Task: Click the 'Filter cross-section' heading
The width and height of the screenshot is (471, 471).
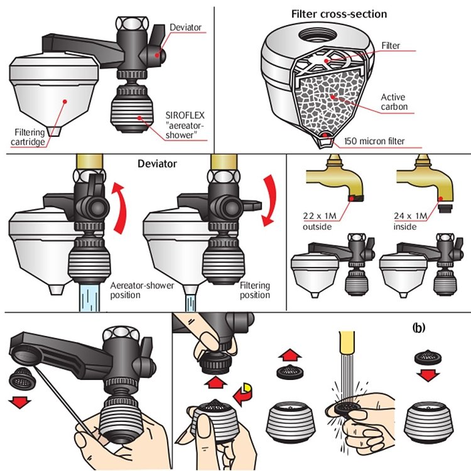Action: tap(339, 14)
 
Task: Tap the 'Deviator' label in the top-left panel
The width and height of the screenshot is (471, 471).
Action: tap(185, 28)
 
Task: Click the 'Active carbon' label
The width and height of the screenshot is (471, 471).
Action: tap(394, 102)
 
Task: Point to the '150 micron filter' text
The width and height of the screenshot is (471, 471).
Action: tap(374, 141)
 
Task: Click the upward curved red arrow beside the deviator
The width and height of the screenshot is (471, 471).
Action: tap(119, 208)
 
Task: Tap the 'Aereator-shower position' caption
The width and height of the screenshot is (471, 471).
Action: tap(142, 290)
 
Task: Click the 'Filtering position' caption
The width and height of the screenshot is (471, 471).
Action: tap(255, 290)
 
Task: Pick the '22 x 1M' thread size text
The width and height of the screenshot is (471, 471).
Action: tap(320, 215)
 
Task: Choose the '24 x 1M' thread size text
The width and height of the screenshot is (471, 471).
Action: tap(410, 215)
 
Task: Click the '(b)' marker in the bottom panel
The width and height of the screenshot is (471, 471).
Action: tap(419, 328)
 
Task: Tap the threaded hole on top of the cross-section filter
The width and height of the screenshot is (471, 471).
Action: tap(318, 35)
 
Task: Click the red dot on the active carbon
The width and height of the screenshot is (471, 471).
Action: tap(332, 97)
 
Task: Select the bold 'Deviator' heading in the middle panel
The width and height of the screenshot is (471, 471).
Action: tap(157, 164)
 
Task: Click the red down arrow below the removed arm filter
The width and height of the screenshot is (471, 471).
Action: tap(20, 402)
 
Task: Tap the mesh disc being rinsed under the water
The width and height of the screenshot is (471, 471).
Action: tap(345, 408)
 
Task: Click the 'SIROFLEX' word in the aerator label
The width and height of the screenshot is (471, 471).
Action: tap(185, 116)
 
